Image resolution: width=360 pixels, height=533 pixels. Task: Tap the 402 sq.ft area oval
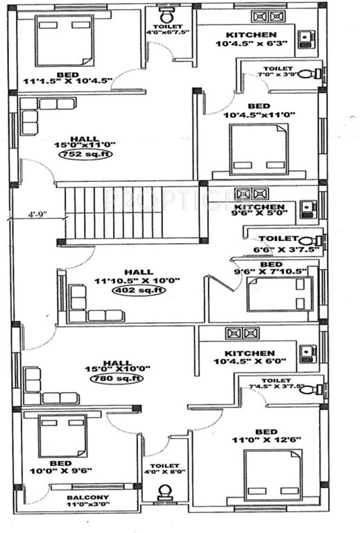[x=139, y=290]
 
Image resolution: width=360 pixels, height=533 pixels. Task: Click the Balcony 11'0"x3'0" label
[x=87, y=501]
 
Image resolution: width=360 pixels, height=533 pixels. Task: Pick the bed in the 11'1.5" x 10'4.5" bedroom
[x=61, y=40]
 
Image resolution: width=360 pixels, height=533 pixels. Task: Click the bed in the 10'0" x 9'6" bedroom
[x=62, y=434]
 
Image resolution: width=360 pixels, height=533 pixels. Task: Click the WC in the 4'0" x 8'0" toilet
[x=165, y=492]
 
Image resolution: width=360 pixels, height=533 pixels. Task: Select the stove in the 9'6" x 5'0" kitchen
[x=250, y=194]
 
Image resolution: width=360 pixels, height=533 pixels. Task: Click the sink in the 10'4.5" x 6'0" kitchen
[x=306, y=353]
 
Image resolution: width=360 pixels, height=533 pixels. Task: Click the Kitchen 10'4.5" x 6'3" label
[x=250, y=39]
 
